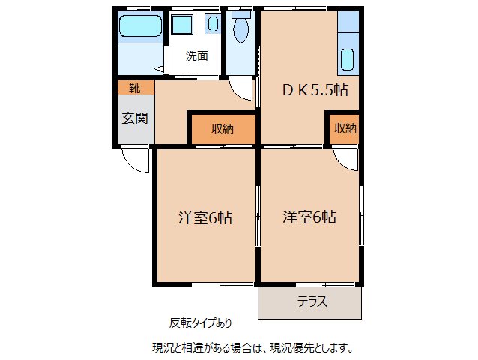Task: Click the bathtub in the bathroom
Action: pyautogui.click(x=140, y=28)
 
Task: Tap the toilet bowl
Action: pyautogui.click(x=240, y=31)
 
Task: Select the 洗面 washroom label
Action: pyautogui.click(x=197, y=55)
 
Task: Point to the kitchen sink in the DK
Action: pyautogui.click(x=347, y=58)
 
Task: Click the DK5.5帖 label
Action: pyautogui.click(x=314, y=89)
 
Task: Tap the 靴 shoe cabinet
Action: pyautogui.click(x=134, y=88)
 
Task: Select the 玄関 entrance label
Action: pyautogui.click(x=135, y=118)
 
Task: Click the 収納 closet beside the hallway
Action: pyautogui.click(x=222, y=129)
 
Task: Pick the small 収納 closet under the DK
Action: pyautogui.click(x=345, y=129)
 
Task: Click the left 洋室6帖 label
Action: pyautogui.click(x=205, y=218)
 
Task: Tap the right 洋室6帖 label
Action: pyautogui.click(x=309, y=218)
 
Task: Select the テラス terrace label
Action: pyautogui.click(x=311, y=302)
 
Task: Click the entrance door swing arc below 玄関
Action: pyautogui.click(x=133, y=159)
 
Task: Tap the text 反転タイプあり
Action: pyautogui.click(x=200, y=323)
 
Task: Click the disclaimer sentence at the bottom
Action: pyautogui.click(x=252, y=347)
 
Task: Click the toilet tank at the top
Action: pyautogui.click(x=240, y=13)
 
